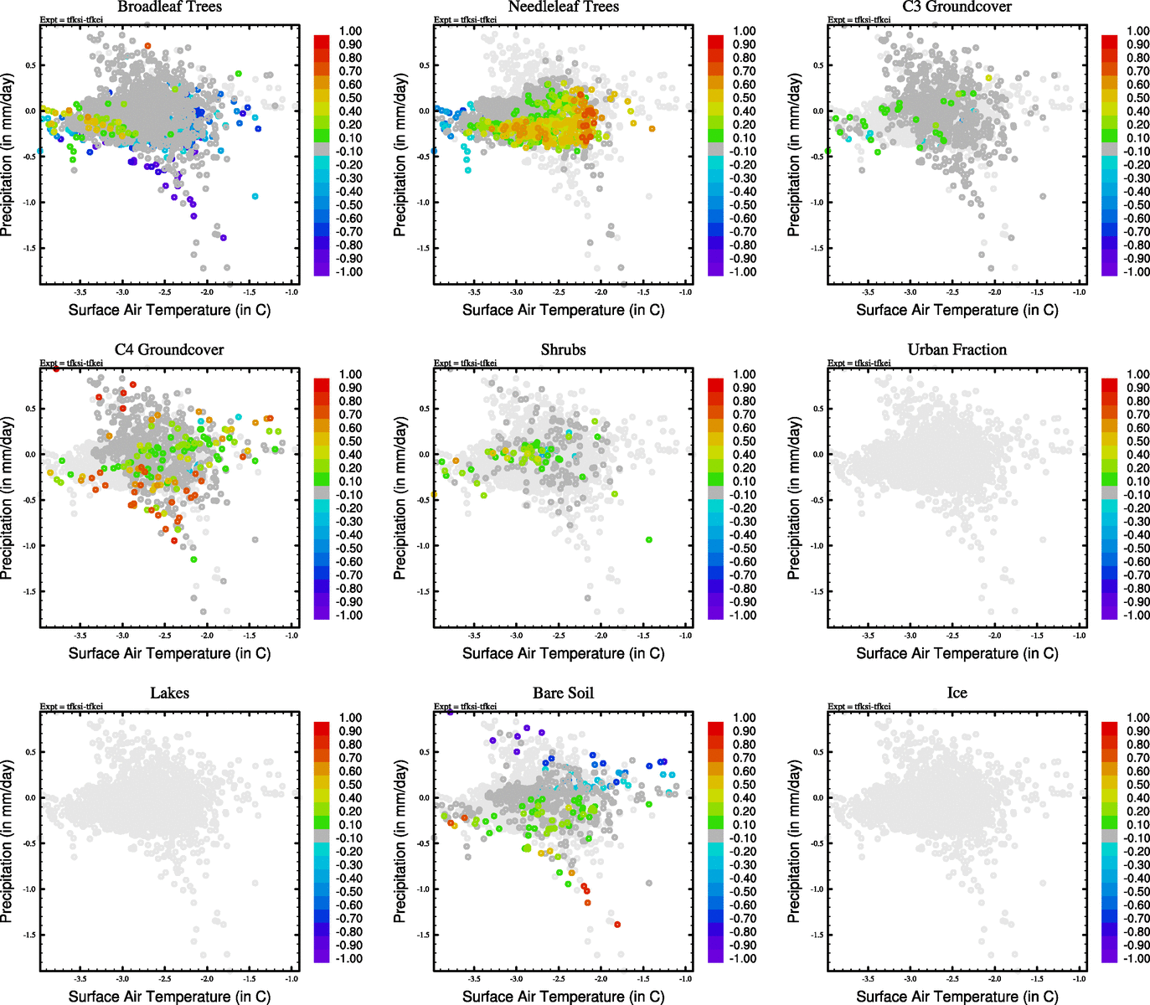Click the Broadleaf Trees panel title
(x=169, y=8)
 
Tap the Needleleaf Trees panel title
(x=563, y=8)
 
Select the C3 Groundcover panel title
(x=957, y=8)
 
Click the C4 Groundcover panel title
(x=169, y=350)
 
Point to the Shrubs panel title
(x=563, y=350)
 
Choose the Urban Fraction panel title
(x=957, y=350)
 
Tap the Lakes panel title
(x=169, y=693)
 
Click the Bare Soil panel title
(x=563, y=693)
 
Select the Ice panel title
(x=957, y=693)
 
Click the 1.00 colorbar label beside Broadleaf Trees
(x=350, y=31)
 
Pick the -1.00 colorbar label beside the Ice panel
(x=1137, y=959)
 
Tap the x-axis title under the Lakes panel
(x=169, y=997)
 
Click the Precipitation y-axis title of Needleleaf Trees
(x=400, y=154)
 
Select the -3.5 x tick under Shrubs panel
(x=474, y=636)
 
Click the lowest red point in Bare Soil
(x=617, y=925)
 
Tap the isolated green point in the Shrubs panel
(x=649, y=540)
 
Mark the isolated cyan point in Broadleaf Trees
(x=255, y=197)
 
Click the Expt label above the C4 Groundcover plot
(x=71, y=363)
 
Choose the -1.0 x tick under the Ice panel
(x=1080, y=979)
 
